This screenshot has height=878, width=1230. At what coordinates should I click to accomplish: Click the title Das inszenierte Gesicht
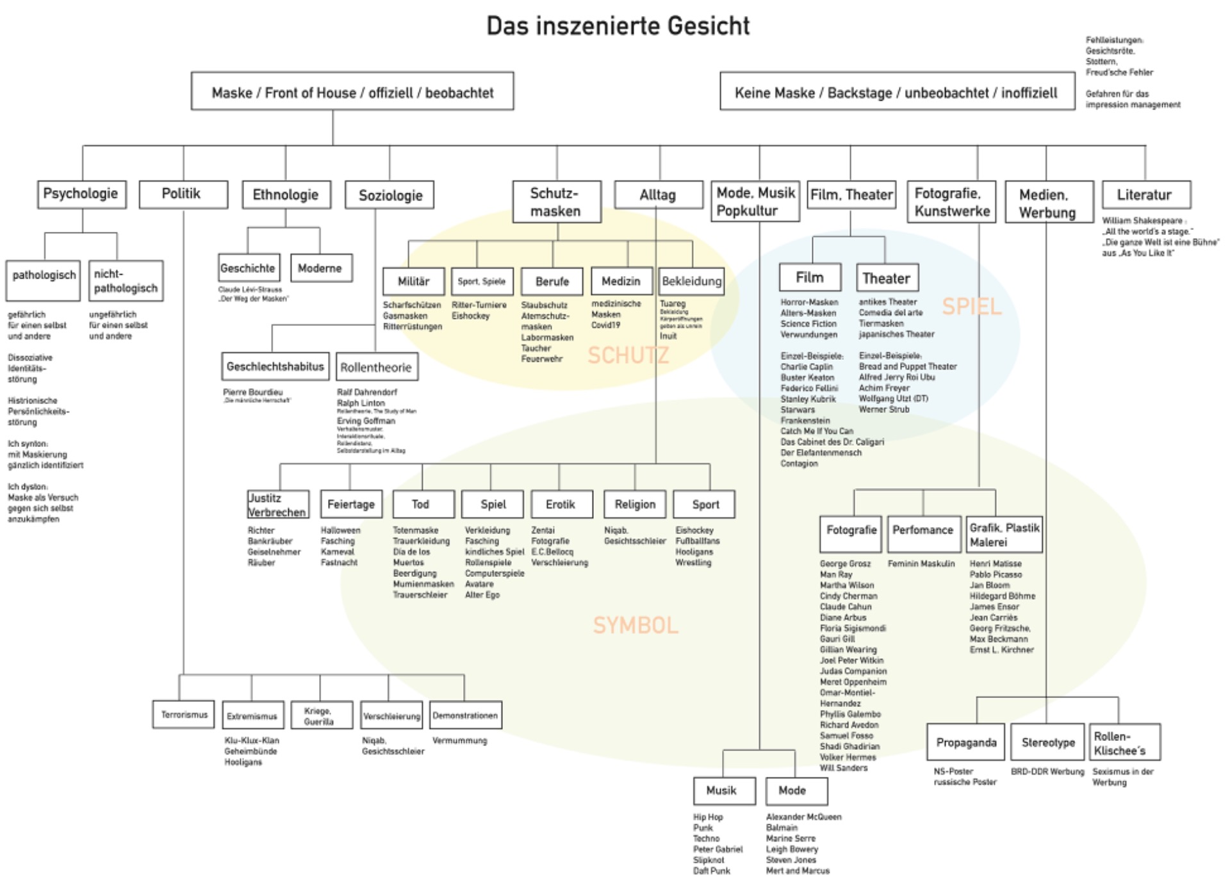[618, 26]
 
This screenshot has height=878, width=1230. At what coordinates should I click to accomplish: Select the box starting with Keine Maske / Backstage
[897, 92]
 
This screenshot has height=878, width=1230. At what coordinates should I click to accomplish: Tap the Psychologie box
[81, 194]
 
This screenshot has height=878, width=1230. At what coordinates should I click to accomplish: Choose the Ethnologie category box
[286, 195]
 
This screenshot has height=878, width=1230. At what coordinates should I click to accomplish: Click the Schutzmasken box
[556, 202]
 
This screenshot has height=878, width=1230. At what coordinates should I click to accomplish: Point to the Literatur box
[1145, 195]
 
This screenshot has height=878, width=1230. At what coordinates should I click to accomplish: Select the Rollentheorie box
[376, 367]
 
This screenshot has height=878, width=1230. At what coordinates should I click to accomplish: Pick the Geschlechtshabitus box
[275, 366]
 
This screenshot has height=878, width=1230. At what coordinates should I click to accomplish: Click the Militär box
[413, 281]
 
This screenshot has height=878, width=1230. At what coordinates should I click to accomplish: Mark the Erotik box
[561, 504]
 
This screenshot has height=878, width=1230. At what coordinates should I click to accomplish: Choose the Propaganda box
[966, 742]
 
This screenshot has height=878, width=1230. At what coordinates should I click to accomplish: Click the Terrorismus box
[184, 715]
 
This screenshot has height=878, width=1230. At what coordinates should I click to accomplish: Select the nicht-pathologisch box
[126, 281]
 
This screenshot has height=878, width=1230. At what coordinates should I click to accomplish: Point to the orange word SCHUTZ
[628, 355]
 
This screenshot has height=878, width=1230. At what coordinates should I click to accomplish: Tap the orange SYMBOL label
[635, 625]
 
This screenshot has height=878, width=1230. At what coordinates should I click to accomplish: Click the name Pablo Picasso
[995, 574]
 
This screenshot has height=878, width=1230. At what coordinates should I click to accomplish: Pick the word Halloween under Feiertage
[340, 530]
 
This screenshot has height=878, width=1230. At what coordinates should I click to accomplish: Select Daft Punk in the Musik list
[711, 870]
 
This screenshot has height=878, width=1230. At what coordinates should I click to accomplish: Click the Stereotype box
[1048, 742]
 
